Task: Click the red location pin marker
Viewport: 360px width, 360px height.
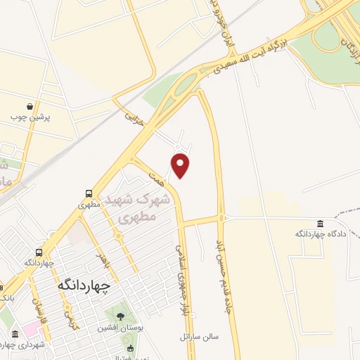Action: tap(181, 166)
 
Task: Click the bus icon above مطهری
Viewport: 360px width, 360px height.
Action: tap(89, 193)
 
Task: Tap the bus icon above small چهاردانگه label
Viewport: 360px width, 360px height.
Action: tap(39, 252)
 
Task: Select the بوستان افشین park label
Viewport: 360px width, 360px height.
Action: tap(123, 328)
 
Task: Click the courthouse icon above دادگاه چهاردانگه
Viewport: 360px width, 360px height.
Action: tap(321, 223)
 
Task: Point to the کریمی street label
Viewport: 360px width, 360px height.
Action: tap(68, 320)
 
